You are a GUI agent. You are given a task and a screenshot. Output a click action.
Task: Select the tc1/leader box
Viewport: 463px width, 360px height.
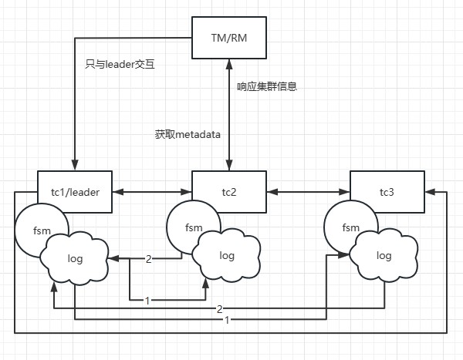[x=75, y=191]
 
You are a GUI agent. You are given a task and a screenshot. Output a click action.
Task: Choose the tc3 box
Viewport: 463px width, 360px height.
[x=387, y=191]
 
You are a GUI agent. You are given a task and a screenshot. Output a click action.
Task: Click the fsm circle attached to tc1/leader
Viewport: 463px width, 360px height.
[x=39, y=228]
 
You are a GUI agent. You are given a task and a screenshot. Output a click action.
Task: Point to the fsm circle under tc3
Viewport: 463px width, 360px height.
[x=349, y=227]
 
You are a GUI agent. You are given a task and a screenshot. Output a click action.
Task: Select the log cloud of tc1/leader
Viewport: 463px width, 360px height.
[x=76, y=257]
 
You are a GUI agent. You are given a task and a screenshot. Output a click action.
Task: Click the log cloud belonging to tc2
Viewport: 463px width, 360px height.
[x=227, y=255]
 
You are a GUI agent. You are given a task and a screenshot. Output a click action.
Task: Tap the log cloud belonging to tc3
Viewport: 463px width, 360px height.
[x=384, y=255]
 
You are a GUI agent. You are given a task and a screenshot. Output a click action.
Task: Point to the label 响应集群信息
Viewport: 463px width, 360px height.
[x=267, y=87]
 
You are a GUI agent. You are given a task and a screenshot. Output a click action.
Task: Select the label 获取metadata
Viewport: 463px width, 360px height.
[x=188, y=133]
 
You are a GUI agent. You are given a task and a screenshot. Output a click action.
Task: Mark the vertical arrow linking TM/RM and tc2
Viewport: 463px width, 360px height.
[x=226, y=116]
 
